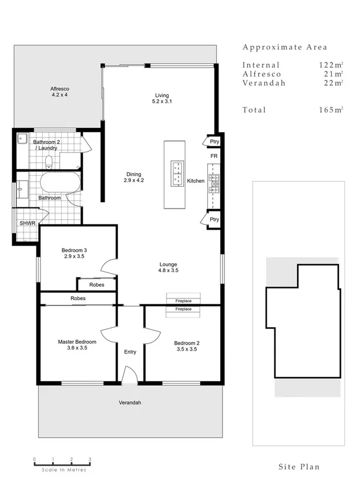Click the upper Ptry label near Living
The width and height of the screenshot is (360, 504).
point(214,142)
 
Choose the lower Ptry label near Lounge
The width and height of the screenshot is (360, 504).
point(214,220)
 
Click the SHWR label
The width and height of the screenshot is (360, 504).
point(26,224)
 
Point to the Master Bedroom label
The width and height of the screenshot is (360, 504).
point(77,341)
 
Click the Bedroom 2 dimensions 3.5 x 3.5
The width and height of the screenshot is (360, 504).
point(187,348)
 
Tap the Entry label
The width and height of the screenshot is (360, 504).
point(130,352)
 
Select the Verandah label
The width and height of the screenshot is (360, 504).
point(130,403)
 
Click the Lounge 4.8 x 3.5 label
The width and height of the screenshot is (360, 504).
point(168,267)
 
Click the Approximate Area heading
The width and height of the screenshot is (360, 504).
point(285,48)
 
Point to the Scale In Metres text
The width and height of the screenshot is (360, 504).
point(64,469)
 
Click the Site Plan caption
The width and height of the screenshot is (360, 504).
point(299,467)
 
